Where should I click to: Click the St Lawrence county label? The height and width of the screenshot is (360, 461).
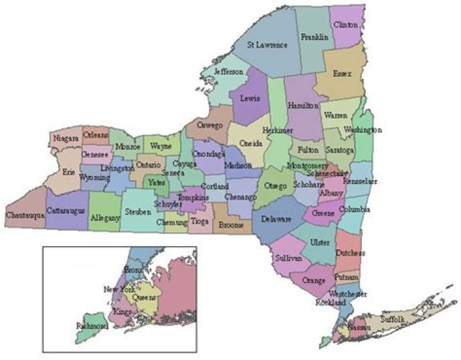(268, 45)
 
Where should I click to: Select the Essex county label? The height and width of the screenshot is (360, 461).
(342, 74)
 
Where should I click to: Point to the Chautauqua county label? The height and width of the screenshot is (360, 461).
(24, 215)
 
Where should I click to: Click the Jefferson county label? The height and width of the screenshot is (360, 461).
(229, 72)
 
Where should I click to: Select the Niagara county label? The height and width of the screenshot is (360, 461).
(65, 137)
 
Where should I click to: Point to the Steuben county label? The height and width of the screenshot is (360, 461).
(138, 211)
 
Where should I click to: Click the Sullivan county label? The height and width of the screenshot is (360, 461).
(288, 258)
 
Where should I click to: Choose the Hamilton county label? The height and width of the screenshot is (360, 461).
(302, 106)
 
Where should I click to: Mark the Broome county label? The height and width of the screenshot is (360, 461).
(231, 225)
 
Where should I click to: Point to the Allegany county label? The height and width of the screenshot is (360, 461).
(105, 218)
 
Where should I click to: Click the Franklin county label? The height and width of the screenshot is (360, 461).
(314, 37)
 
